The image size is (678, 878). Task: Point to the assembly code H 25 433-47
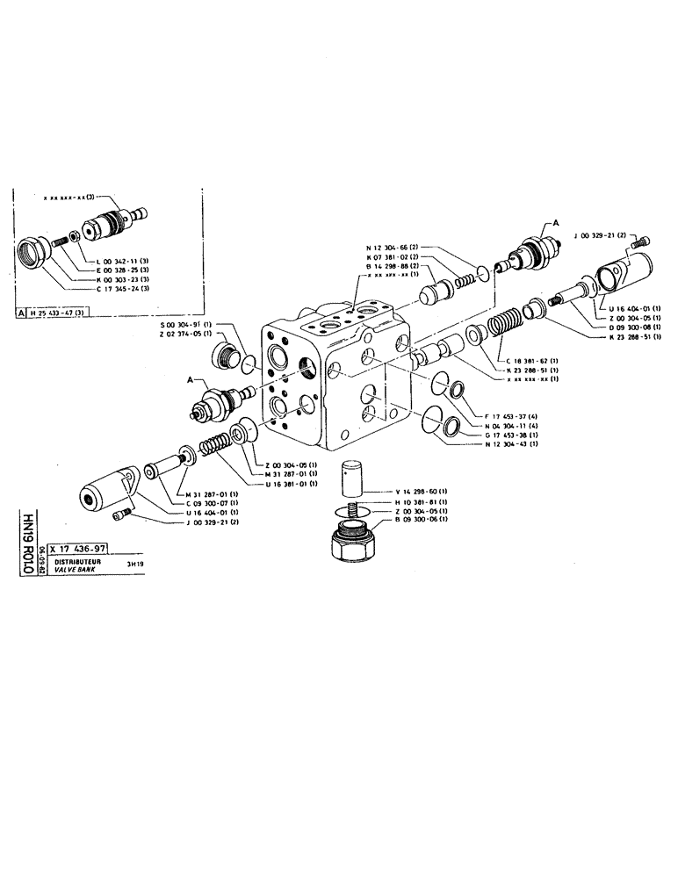pos(61,313)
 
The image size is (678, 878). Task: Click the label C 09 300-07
pos(218,503)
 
